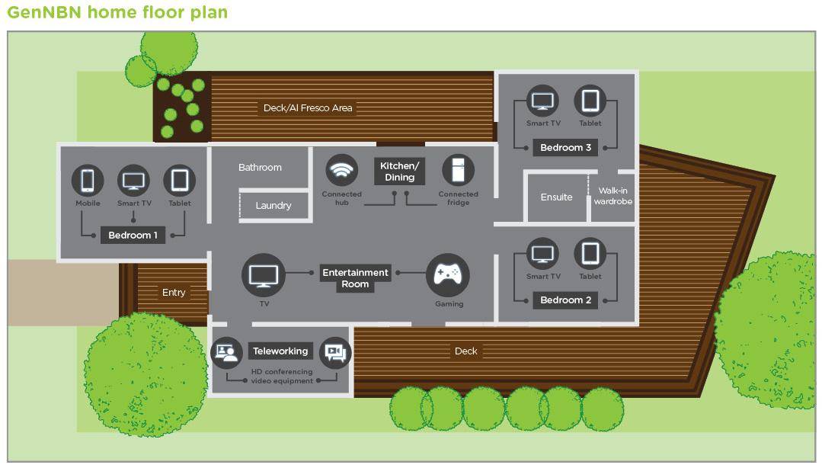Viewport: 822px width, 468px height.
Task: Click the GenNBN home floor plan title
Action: click(x=117, y=12)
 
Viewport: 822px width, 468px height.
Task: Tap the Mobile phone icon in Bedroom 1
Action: click(x=88, y=181)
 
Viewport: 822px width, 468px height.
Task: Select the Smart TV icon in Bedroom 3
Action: click(x=543, y=101)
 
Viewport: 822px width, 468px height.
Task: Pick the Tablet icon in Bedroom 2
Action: click(x=590, y=254)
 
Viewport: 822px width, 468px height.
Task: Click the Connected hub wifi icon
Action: click(x=342, y=170)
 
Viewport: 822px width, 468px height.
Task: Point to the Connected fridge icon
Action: click(x=458, y=170)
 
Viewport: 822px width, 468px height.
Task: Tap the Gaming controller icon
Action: click(x=448, y=275)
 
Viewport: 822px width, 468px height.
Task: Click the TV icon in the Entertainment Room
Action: click(x=264, y=275)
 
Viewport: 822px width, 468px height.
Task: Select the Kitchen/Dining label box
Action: click(x=400, y=171)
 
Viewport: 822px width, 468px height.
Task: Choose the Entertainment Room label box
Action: click(x=355, y=278)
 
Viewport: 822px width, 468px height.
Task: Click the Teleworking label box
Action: click(x=280, y=351)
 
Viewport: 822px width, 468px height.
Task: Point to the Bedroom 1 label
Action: click(x=133, y=236)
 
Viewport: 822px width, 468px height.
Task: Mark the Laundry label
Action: click(x=273, y=206)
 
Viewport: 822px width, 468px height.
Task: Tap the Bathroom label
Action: click(x=260, y=168)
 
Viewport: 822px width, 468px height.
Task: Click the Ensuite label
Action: click(x=556, y=197)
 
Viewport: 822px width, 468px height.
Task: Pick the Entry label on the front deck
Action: click(x=174, y=293)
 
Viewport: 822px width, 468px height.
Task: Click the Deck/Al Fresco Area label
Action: click(x=308, y=108)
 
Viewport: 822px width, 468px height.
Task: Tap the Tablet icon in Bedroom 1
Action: click(x=180, y=181)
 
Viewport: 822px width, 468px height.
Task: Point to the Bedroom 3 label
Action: click(x=566, y=148)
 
